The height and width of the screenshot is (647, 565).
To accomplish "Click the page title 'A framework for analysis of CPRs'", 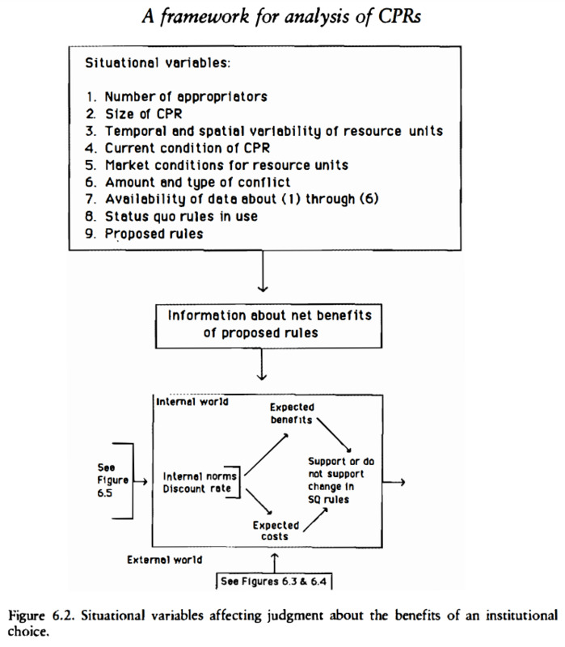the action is tap(281, 17).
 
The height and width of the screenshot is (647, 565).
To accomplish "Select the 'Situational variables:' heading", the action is tap(158, 63).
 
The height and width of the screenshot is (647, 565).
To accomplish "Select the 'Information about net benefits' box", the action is tap(268, 326).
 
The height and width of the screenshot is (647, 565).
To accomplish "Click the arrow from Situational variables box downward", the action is tap(263, 271).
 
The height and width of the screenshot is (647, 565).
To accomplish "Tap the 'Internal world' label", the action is tap(192, 401).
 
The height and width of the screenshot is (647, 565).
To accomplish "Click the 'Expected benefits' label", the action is tap(292, 413).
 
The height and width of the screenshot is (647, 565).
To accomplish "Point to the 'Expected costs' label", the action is tap(276, 531).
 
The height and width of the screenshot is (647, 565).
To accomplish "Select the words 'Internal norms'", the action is tap(200, 476).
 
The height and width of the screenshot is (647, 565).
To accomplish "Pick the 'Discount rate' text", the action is tap(196, 488).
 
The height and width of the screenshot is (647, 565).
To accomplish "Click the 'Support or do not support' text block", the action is tap(341, 480).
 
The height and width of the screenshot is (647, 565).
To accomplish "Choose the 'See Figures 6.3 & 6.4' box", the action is tap(273, 581).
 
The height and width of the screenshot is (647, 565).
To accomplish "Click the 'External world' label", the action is tap(165, 560).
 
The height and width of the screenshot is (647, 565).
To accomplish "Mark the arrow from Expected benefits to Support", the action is tap(335, 435).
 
